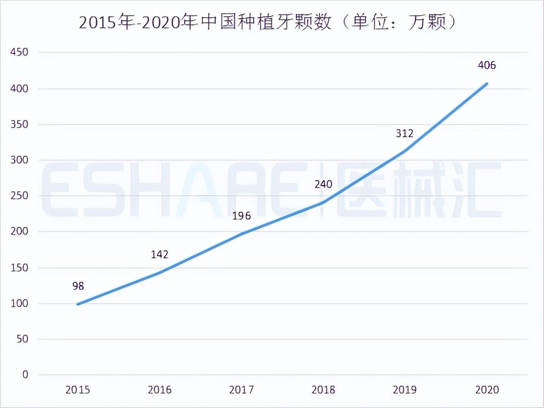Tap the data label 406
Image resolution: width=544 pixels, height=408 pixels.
pos(487,65)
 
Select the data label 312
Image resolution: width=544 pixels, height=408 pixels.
pos(405,133)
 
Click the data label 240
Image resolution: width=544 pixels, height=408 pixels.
pos(323,184)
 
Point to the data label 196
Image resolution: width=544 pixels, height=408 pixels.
pos(241,216)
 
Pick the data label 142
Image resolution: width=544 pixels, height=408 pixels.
pos(160,254)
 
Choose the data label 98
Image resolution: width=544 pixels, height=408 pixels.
pos(78,286)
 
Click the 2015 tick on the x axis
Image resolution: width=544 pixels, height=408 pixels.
pos(78,390)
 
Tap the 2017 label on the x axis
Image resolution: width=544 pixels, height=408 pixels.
pos(241,390)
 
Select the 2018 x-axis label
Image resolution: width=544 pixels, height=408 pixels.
pos(323,390)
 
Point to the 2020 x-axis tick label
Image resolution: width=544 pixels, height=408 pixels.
pos(487,390)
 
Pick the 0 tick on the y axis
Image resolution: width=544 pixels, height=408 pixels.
pos(25,375)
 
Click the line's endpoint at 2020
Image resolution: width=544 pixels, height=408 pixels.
pos(487,83)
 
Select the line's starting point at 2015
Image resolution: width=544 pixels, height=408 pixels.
pos(78,304)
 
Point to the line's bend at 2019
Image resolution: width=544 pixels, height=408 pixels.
pos(405,151)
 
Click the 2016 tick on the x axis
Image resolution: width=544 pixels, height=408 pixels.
pos(160,390)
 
